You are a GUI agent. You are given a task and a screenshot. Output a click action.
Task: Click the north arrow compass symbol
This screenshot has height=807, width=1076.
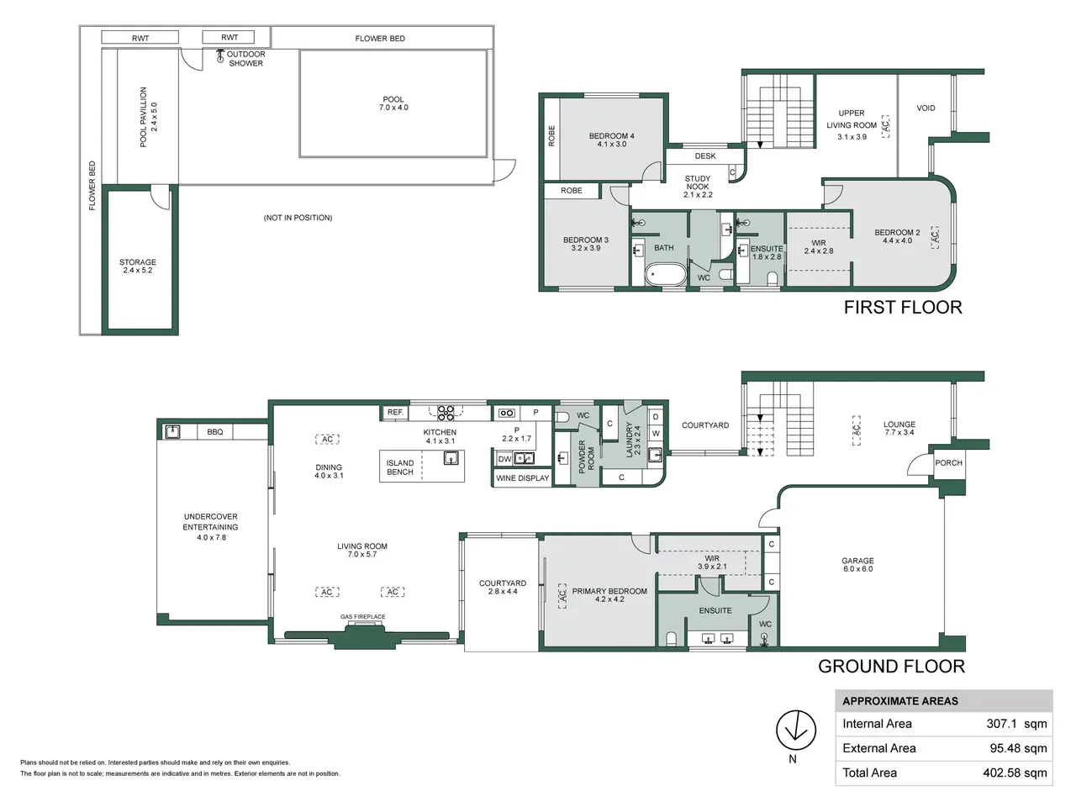(x=795, y=730)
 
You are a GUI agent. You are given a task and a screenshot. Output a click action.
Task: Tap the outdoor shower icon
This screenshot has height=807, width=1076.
(x=220, y=55)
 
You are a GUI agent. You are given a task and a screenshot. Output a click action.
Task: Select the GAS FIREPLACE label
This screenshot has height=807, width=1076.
(x=363, y=616)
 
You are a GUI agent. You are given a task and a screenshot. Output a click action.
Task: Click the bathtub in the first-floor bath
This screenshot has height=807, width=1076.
(x=666, y=274)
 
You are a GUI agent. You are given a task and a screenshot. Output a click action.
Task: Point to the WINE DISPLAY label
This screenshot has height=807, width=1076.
(x=522, y=478)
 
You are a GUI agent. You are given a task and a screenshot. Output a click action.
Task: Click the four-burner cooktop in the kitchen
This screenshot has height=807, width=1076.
(x=446, y=413)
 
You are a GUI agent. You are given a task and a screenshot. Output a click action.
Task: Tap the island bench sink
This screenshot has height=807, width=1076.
(x=451, y=458)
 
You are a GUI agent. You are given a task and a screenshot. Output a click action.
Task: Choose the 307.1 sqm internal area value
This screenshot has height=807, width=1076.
(x=1016, y=724)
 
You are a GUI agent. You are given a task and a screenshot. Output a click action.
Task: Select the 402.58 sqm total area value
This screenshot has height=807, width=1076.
(x=1015, y=773)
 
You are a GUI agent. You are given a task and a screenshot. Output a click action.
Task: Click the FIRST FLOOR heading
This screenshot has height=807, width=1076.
(x=903, y=307)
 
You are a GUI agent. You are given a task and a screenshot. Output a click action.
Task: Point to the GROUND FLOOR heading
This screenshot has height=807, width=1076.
(x=891, y=667)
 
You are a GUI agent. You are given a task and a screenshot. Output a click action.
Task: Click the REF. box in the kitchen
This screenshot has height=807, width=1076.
(x=395, y=413)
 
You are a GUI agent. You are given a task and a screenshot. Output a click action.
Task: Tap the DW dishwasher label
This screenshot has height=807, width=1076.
(x=504, y=459)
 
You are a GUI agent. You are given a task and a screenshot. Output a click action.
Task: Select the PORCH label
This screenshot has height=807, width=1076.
(x=948, y=463)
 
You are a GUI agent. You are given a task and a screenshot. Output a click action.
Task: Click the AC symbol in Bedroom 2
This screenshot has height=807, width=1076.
(x=935, y=237)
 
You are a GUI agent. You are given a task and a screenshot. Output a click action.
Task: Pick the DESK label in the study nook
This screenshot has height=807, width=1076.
(x=705, y=156)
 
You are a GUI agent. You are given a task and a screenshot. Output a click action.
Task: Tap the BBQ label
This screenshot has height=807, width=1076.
(x=214, y=432)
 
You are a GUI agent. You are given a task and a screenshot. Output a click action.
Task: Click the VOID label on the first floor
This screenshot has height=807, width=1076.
(x=926, y=108)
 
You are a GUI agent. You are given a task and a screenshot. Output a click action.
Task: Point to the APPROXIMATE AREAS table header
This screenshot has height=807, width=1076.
(x=900, y=701)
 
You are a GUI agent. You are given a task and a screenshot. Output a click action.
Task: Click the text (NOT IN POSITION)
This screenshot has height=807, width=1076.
(x=298, y=218)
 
